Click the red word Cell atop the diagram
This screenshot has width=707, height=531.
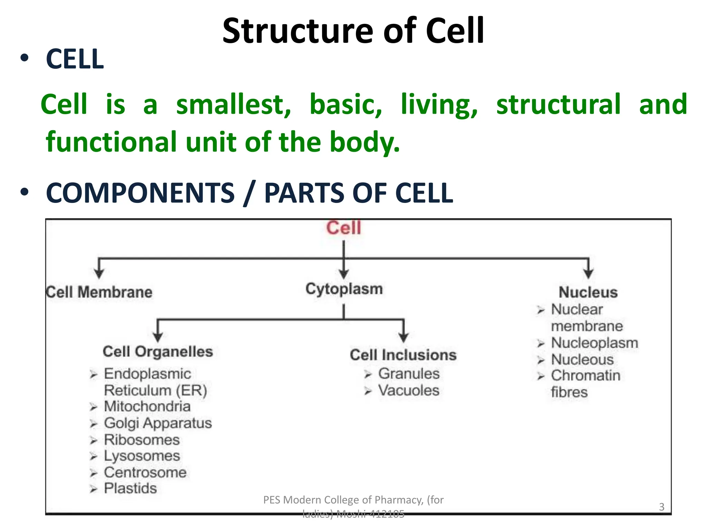(x=343, y=228)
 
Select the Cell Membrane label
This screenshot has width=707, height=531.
(x=99, y=292)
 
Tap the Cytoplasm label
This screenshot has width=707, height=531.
(x=344, y=289)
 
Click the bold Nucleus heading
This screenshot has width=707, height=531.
(x=588, y=292)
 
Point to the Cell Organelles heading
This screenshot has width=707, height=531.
(x=158, y=352)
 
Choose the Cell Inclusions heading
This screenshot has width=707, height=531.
(x=403, y=355)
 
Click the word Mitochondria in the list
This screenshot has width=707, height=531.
(x=147, y=407)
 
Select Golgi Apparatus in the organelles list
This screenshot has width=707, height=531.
(x=158, y=423)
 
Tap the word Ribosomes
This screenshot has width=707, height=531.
(x=142, y=440)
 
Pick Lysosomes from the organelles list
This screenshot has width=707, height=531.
(x=142, y=456)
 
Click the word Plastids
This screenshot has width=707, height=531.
(x=130, y=488)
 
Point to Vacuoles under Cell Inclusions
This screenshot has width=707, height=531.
(x=409, y=391)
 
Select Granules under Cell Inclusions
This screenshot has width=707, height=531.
(x=409, y=374)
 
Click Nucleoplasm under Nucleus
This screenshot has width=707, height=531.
(x=594, y=343)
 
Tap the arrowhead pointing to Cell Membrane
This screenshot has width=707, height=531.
(x=99, y=274)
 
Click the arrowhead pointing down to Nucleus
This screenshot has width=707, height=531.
(x=588, y=274)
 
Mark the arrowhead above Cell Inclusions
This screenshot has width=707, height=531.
(x=403, y=337)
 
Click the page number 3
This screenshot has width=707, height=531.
(x=661, y=507)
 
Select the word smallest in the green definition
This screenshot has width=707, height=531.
(x=234, y=104)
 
